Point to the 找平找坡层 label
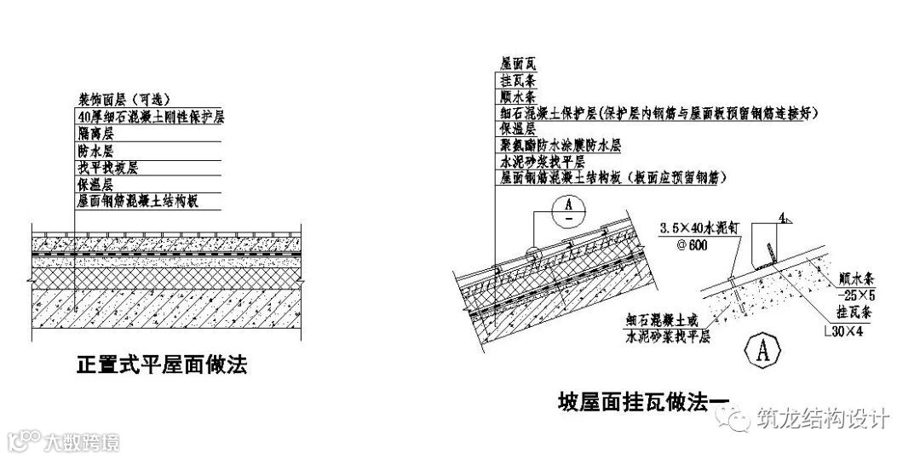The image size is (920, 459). [x=107, y=167]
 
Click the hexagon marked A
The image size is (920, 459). [x=763, y=348]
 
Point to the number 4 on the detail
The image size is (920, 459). [x=782, y=219]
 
